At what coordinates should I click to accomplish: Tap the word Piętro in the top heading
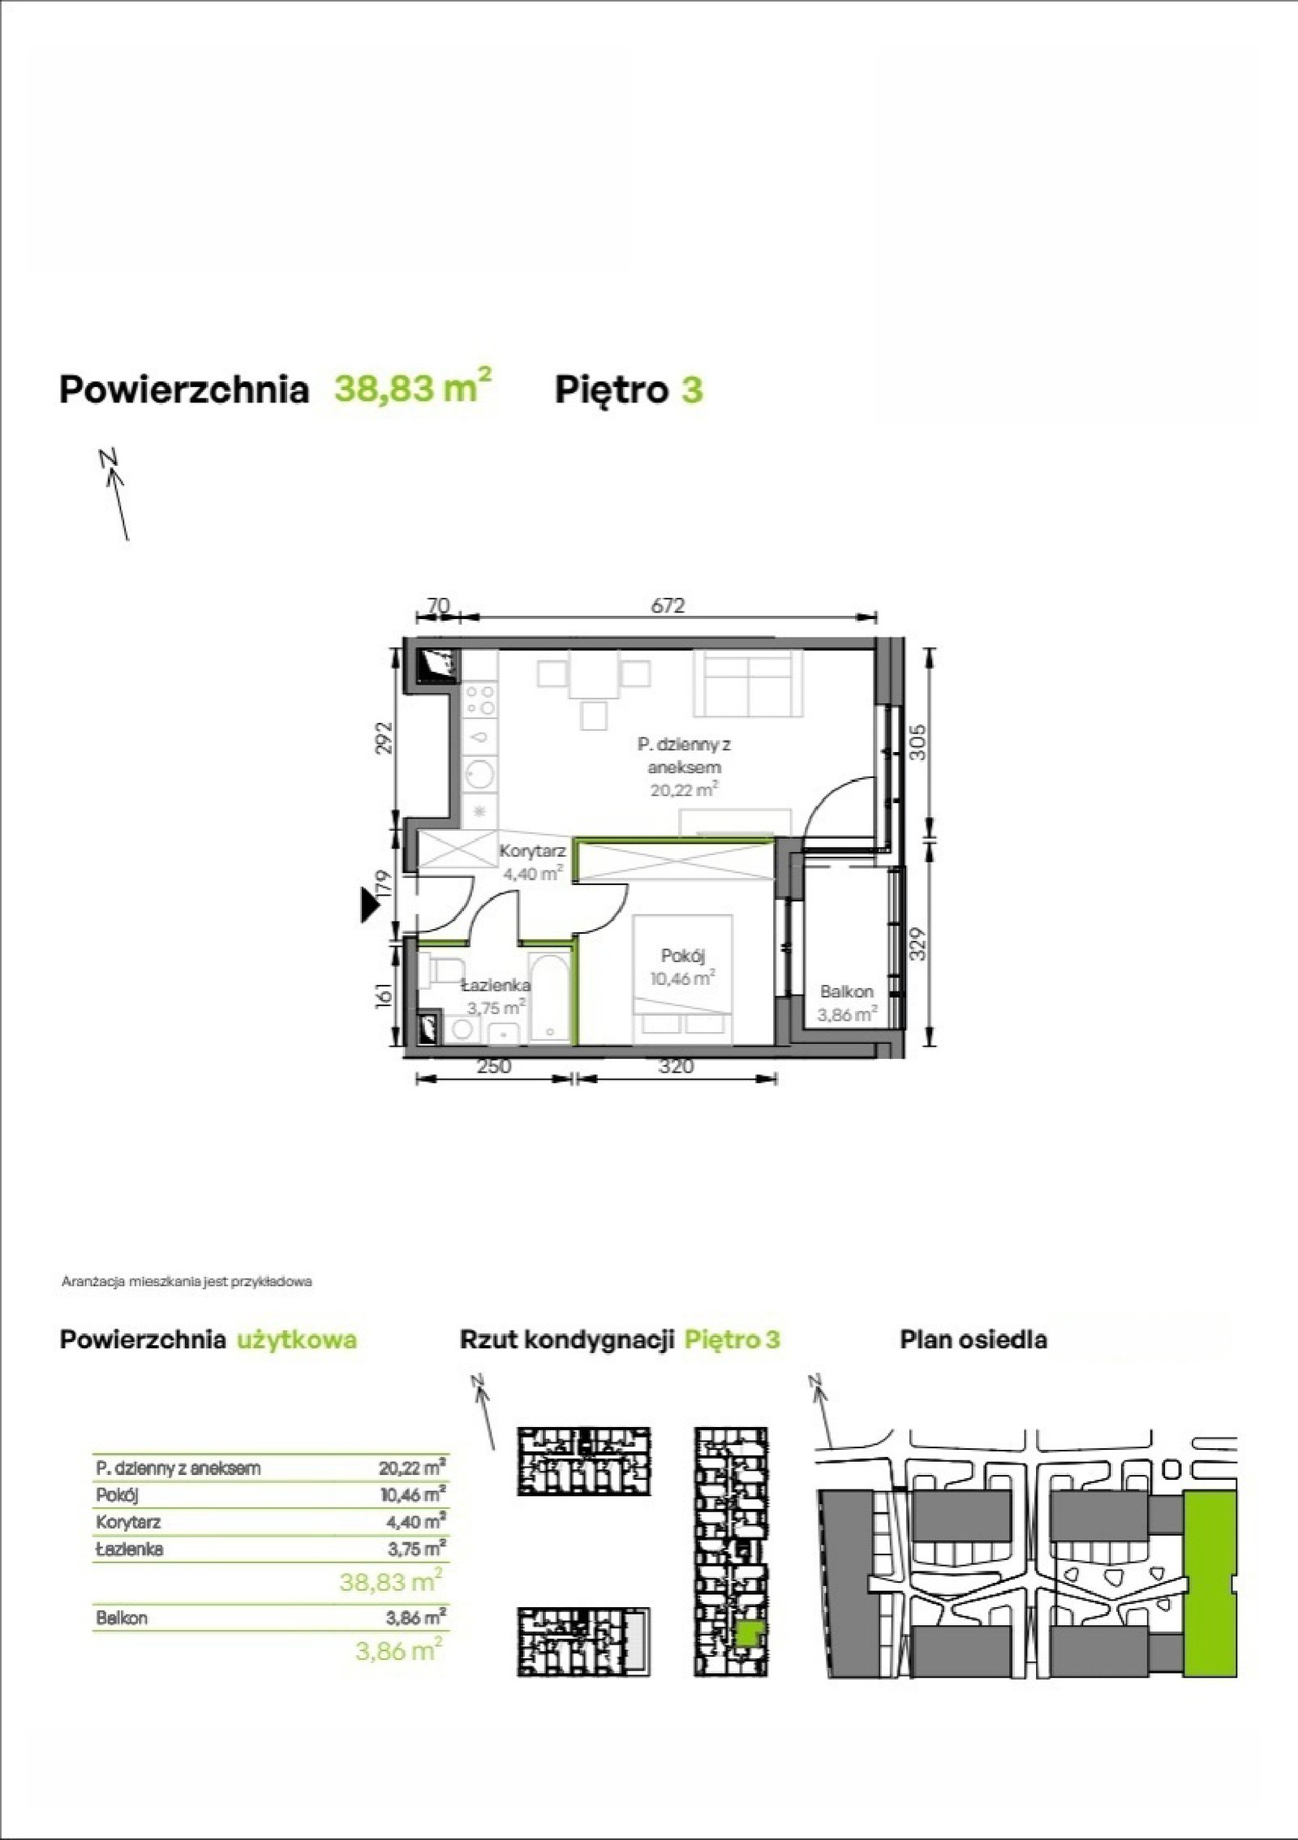click(611, 390)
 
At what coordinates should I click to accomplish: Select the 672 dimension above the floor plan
click(667, 605)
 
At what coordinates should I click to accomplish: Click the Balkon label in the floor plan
click(846, 991)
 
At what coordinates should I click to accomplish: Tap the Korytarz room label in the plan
click(532, 852)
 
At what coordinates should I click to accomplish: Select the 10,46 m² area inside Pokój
click(682, 978)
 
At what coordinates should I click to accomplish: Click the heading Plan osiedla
click(973, 1339)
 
